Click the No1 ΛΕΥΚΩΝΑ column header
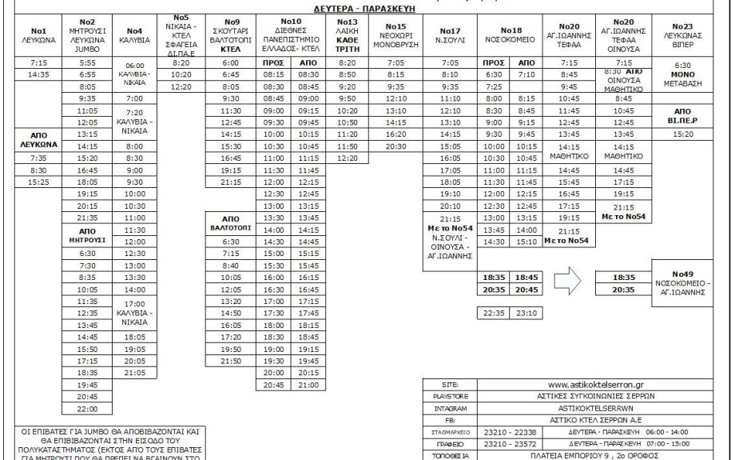pyautogui.click(x=30, y=31)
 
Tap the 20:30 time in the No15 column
pyautogui.click(x=395, y=146)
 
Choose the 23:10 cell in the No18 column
pyautogui.click(x=527, y=314)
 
